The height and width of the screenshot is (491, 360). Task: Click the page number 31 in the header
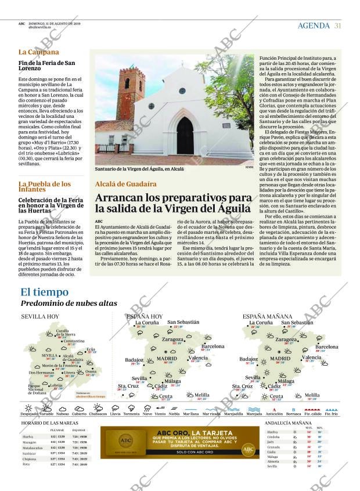[x=337, y=25]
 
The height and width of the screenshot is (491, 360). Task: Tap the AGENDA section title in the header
[x=314, y=26]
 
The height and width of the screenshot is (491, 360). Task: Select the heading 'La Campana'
[x=38, y=52]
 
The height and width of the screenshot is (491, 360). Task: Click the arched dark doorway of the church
[x=185, y=136]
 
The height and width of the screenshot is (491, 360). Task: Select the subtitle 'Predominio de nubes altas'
[x=69, y=303]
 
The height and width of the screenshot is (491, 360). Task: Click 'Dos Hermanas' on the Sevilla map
[x=41, y=372]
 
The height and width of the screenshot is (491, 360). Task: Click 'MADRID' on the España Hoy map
[x=167, y=359]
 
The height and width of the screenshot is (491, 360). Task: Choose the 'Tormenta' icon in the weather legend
[x=131, y=409]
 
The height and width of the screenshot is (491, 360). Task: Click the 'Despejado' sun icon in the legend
[x=28, y=409]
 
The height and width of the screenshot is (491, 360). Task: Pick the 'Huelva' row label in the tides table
[x=28, y=436]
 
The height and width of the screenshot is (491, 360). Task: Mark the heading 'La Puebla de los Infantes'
[x=44, y=186]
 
